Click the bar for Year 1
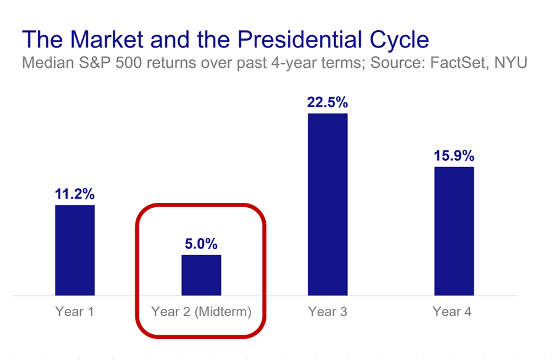click(x=75, y=250)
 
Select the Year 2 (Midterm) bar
click(x=201, y=275)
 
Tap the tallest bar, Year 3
click(x=327, y=204)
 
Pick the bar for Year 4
click(x=454, y=231)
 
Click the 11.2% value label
click(x=75, y=195)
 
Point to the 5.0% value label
click(x=201, y=244)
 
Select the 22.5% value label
click(x=327, y=103)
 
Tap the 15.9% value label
click(x=454, y=156)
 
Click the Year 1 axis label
click(x=75, y=312)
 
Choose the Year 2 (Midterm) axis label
click(x=201, y=312)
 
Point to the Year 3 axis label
click(x=327, y=312)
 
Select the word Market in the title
click(x=101, y=39)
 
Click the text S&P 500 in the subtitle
click(x=102, y=63)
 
